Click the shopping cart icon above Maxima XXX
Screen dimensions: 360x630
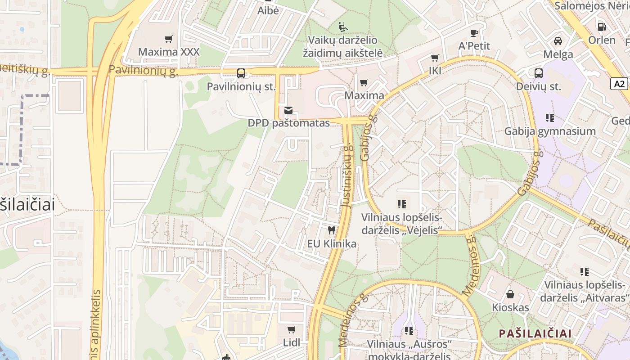(169, 39)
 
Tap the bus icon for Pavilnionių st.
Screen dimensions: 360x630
(241, 73)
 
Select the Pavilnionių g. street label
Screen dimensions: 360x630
(144, 70)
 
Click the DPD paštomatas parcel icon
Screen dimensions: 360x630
(288, 110)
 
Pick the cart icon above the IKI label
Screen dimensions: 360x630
(435, 58)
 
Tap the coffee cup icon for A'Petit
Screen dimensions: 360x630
(474, 33)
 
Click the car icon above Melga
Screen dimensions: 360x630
(558, 41)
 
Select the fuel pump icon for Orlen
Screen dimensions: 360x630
(602, 27)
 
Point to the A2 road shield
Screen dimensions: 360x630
(619, 84)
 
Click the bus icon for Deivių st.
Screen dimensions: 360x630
(538, 73)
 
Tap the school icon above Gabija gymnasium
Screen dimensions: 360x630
(549, 118)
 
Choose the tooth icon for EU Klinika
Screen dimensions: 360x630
(332, 230)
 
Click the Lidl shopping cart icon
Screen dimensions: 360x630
(292, 329)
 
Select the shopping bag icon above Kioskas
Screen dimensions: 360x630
(510, 294)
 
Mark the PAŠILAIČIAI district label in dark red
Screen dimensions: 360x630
(535, 333)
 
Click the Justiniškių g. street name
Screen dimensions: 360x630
(346, 175)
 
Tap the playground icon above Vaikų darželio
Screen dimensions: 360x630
(343, 27)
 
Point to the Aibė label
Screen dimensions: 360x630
(268, 11)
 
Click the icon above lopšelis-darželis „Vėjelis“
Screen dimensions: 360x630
(402, 204)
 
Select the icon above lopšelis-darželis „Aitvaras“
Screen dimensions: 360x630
(584, 271)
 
